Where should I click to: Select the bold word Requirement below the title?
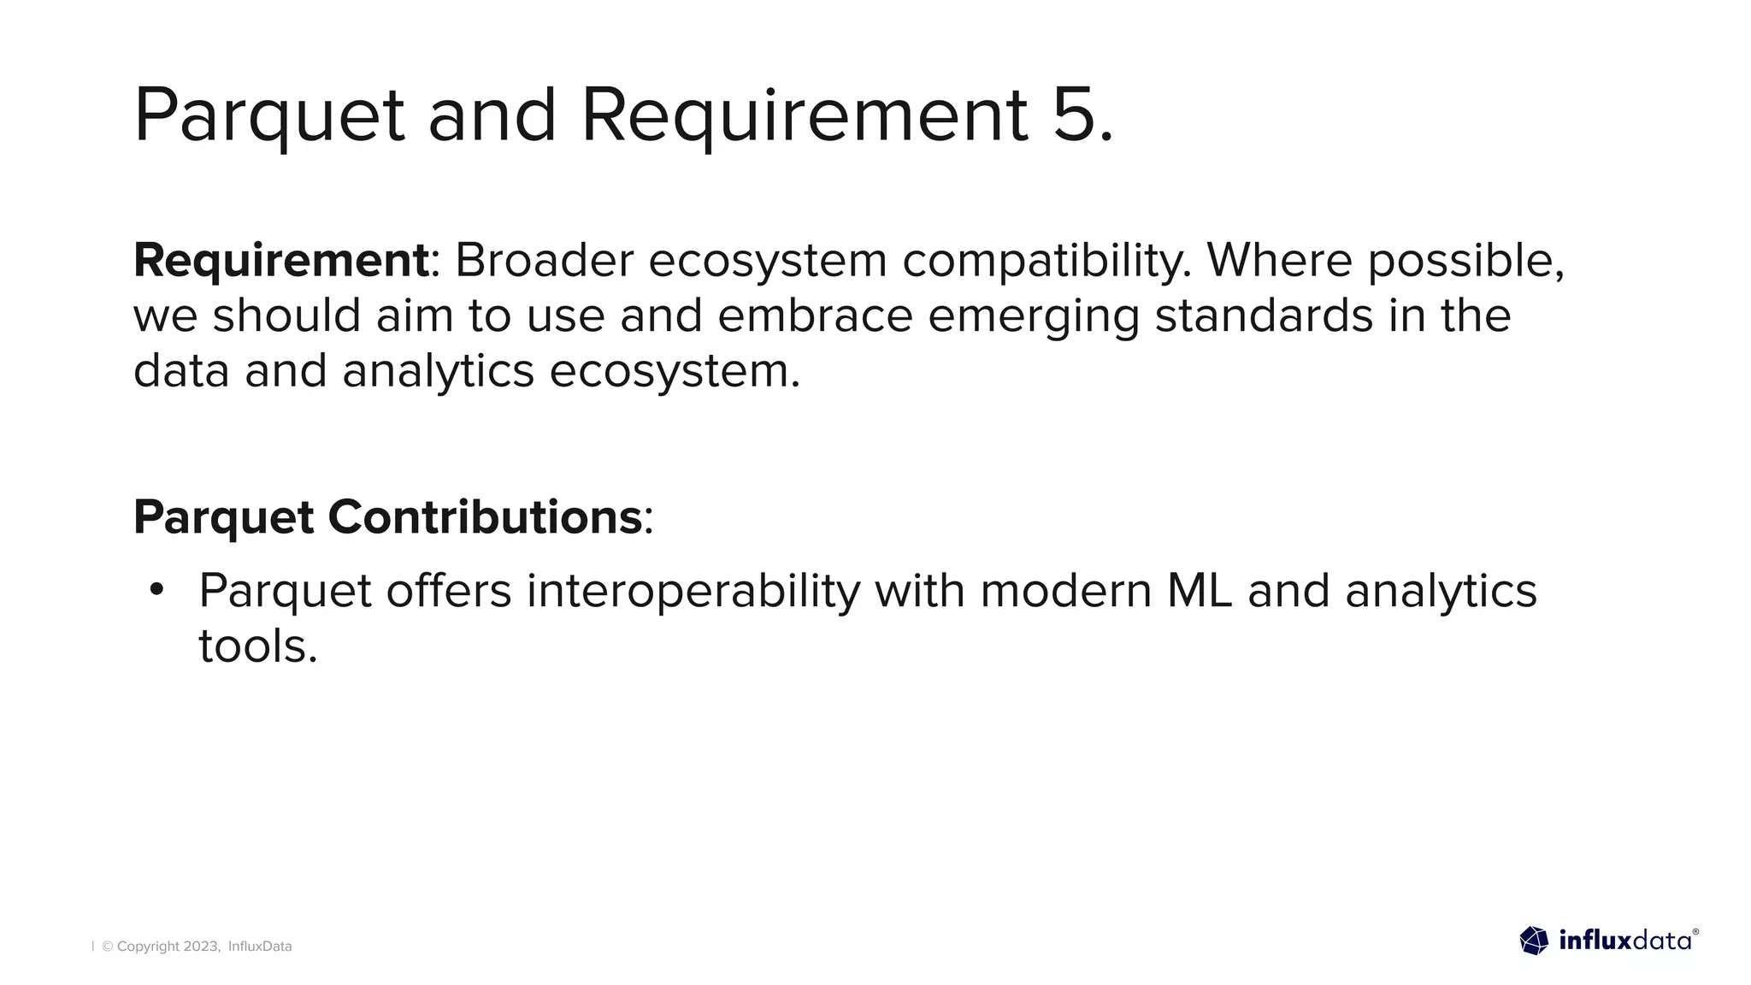click(280, 260)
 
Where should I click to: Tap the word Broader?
click(544, 260)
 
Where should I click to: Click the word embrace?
click(815, 316)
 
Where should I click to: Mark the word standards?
click(1264, 316)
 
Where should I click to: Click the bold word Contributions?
click(484, 517)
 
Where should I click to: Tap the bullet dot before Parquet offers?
click(156, 590)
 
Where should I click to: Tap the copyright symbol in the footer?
click(108, 947)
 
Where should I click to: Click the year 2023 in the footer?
click(201, 947)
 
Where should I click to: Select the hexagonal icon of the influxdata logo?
click(1534, 941)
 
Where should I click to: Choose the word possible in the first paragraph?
click(1465, 262)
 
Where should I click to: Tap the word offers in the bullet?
click(449, 591)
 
